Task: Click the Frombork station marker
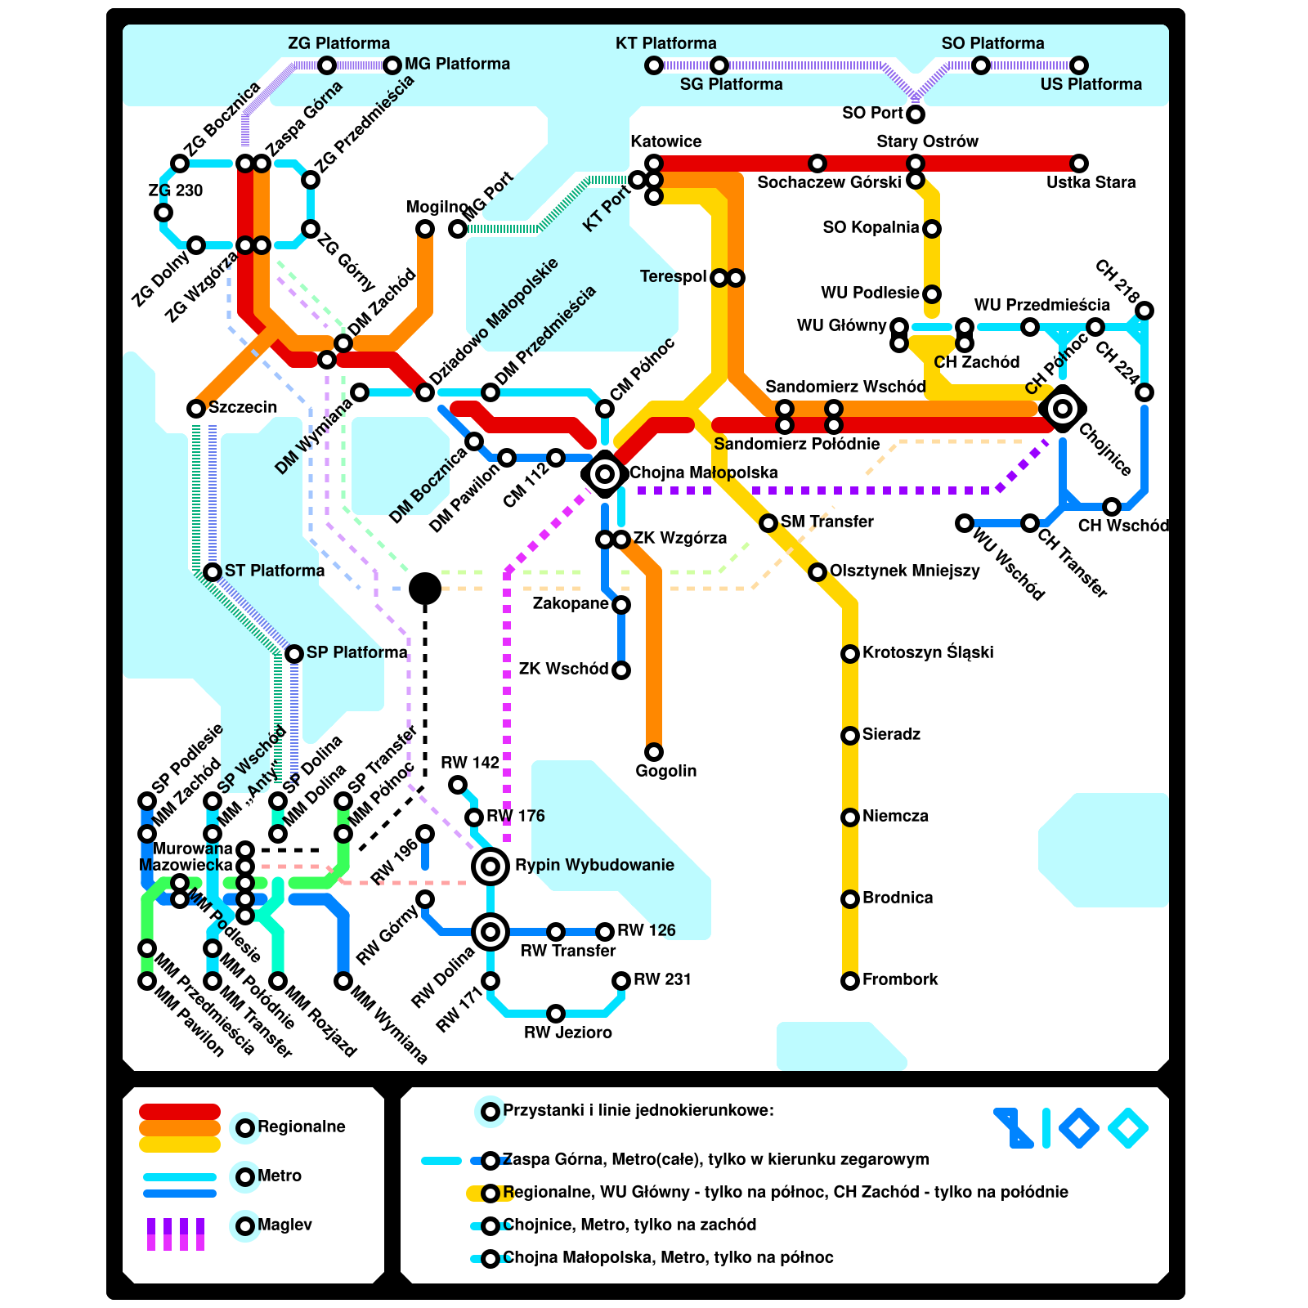pos(850,980)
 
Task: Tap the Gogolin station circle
pos(654,751)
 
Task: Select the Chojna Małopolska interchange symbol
pos(605,473)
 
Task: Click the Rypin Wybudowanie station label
pos(594,865)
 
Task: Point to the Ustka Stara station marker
pos(1079,163)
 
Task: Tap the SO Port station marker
pos(916,114)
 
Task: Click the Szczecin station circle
pos(196,408)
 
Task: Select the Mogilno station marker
pos(425,229)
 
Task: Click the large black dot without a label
pos(425,588)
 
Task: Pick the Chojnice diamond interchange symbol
pos(1063,408)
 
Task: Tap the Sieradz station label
pos(891,734)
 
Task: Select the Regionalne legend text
pos(302,1127)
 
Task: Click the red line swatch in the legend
pos(180,1112)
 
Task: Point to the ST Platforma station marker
pos(213,571)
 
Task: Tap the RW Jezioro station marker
pos(556,1014)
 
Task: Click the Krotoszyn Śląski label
pos(928,652)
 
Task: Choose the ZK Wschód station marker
pos(621,670)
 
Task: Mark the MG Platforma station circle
pos(392,65)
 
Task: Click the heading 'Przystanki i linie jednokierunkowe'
pos(638,1110)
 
